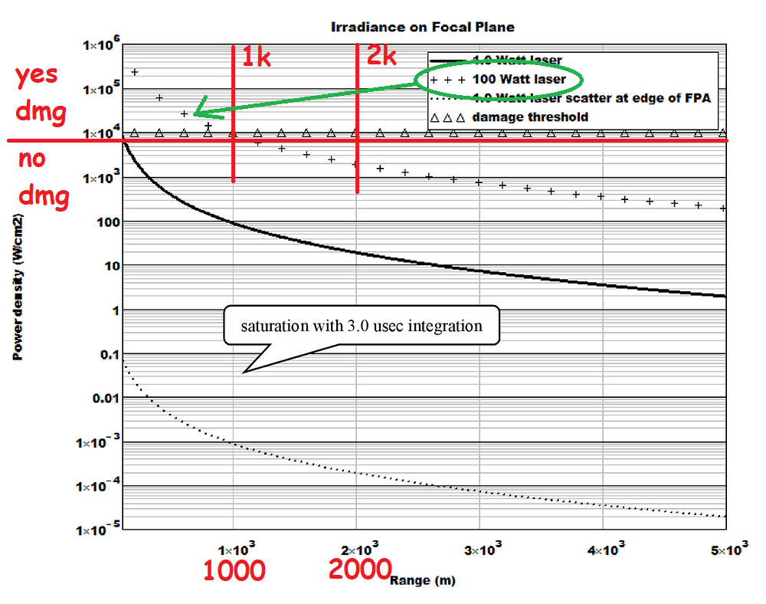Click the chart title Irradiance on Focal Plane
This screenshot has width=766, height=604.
pyautogui.click(x=422, y=27)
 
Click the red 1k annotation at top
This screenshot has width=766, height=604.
pyautogui.click(x=257, y=57)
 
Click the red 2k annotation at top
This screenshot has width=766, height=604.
pyautogui.click(x=381, y=54)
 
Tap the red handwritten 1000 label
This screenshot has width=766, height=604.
pyautogui.click(x=234, y=570)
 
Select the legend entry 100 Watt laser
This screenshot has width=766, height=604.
pyautogui.click(x=519, y=79)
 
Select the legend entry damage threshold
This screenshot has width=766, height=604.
pyautogui.click(x=530, y=117)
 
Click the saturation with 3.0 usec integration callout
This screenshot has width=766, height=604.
pyautogui.click(x=361, y=326)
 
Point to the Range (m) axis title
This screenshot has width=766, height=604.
pyautogui.click(x=422, y=580)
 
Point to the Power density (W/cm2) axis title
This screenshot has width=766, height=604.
pyautogui.click(x=16, y=291)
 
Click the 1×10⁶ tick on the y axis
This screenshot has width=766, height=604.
pyautogui.click(x=97, y=46)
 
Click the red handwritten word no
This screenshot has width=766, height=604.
pyautogui.click(x=33, y=159)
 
